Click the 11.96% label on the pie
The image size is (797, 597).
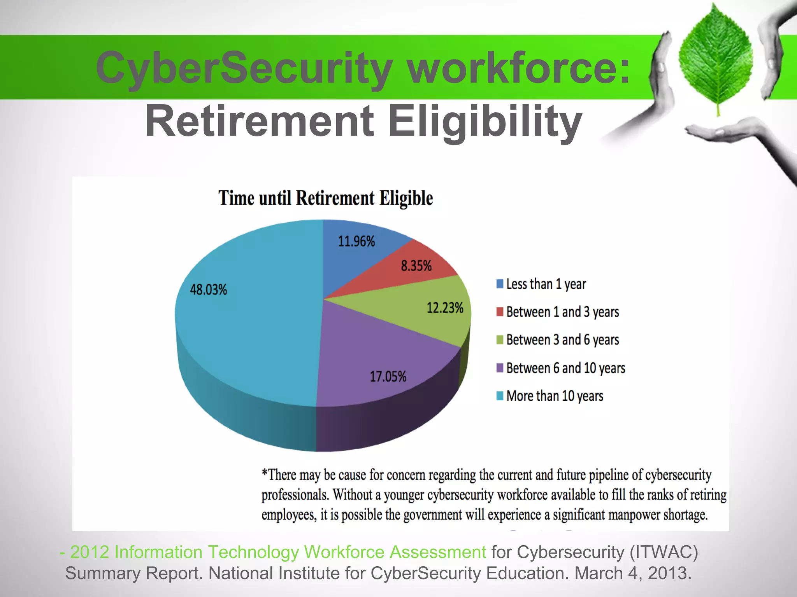pyautogui.click(x=356, y=241)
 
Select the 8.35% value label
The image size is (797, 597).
pyautogui.click(x=416, y=266)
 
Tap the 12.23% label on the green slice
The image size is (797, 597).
pyautogui.click(x=445, y=308)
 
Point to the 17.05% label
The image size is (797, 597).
pyautogui.click(x=388, y=376)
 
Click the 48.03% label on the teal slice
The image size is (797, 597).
pyautogui.click(x=208, y=290)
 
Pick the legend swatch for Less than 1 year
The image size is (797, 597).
pyautogui.click(x=500, y=284)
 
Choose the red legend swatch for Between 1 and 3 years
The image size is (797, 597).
pyautogui.click(x=500, y=312)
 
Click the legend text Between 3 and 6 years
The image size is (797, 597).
pyautogui.click(x=562, y=340)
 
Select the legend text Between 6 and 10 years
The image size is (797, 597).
pyautogui.click(x=565, y=368)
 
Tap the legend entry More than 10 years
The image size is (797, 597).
pyautogui.click(x=555, y=396)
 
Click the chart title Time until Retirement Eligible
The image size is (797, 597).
pyautogui.click(x=325, y=198)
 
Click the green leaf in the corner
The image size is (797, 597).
pyautogui.click(x=715, y=58)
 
